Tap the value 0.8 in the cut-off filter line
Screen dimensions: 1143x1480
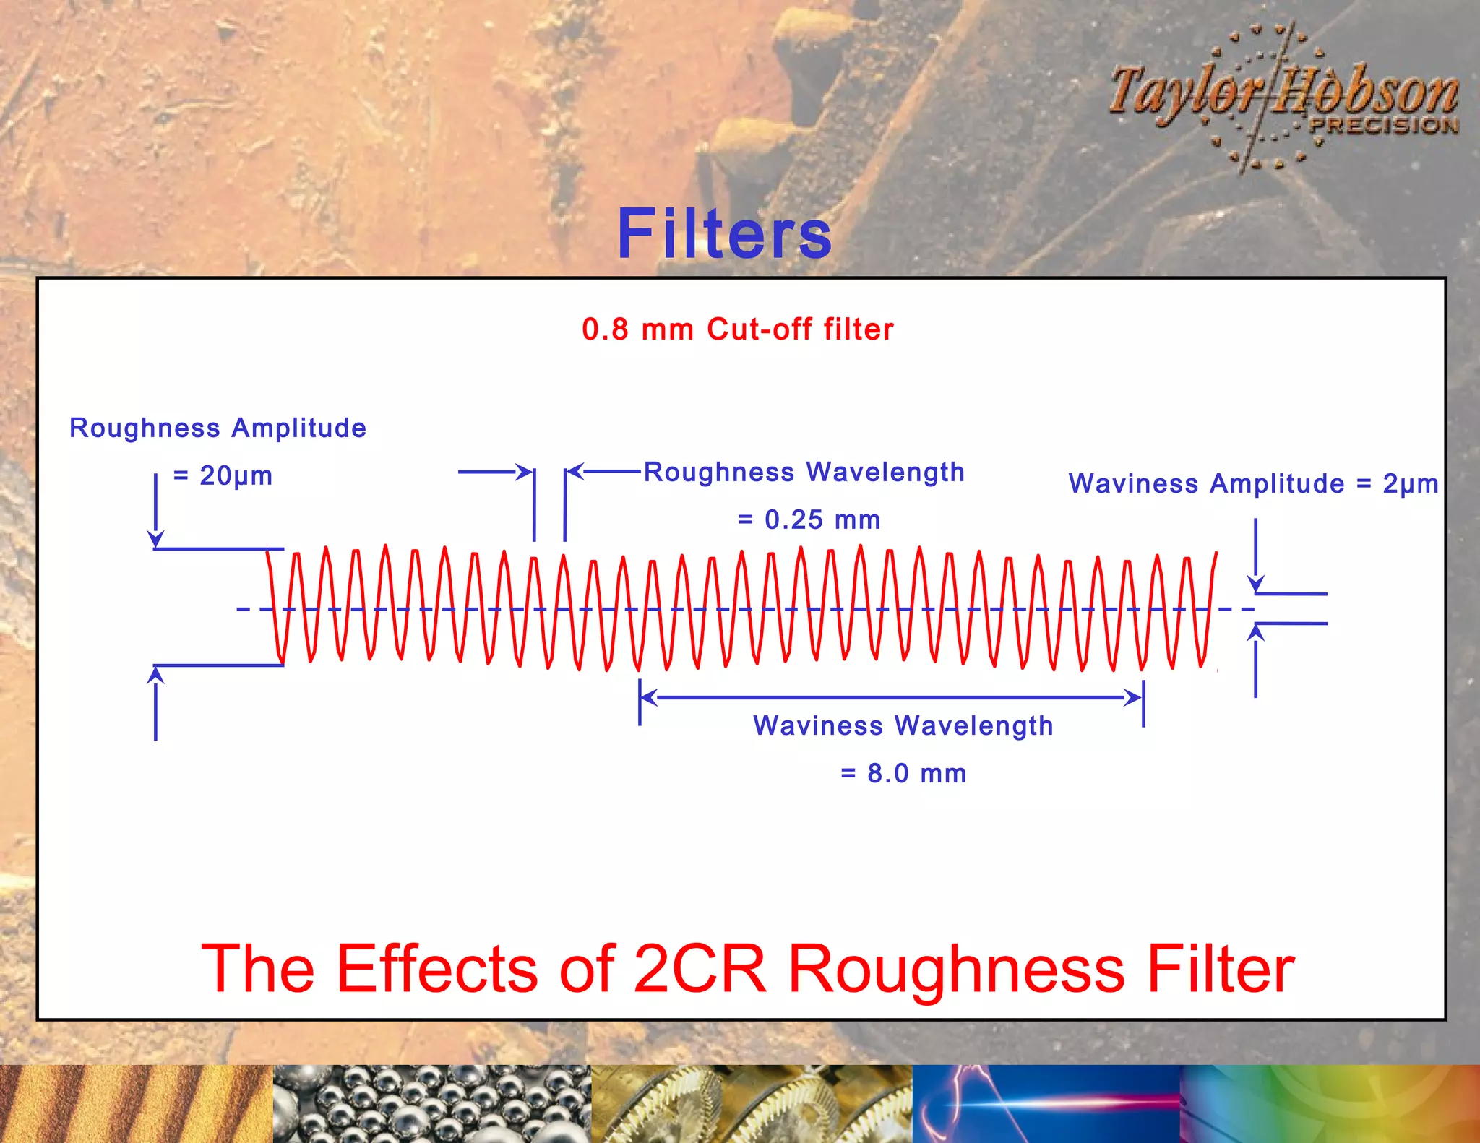605,329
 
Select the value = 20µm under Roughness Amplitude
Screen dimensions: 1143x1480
223,476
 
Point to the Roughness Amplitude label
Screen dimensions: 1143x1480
218,428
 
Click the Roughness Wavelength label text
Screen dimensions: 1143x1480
804,472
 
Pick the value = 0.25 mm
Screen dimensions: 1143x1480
809,519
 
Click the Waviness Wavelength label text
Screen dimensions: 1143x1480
903,725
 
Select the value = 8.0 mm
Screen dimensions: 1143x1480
904,773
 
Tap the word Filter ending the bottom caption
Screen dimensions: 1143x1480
1221,969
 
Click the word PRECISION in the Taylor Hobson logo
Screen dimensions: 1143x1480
1384,126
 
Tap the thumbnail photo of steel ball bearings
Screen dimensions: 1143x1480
431,1104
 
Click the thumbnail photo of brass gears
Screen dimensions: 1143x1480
752,1104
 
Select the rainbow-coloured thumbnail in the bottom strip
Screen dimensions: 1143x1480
1330,1104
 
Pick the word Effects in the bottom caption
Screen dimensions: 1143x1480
438,969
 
